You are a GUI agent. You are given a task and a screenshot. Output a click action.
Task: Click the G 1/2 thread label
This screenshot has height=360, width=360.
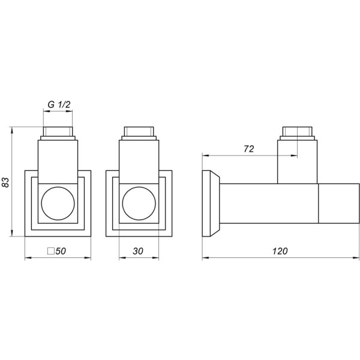pyautogui.click(x=59, y=105)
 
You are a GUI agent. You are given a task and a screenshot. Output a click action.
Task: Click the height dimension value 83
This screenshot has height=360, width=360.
pyautogui.click(x=7, y=183)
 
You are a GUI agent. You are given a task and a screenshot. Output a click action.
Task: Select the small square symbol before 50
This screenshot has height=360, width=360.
pyautogui.click(x=50, y=251)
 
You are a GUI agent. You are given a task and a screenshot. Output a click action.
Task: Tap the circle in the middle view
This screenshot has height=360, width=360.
pyautogui.click(x=139, y=205)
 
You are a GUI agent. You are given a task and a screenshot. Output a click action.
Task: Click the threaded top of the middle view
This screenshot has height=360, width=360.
pyautogui.click(x=139, y=133)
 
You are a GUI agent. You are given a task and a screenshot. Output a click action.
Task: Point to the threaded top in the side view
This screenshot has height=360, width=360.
pyautogui.click(x=297, y=133)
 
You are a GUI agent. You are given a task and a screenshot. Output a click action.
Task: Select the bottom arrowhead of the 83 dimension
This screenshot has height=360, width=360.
pyautogui.click(x=13, y=235)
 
